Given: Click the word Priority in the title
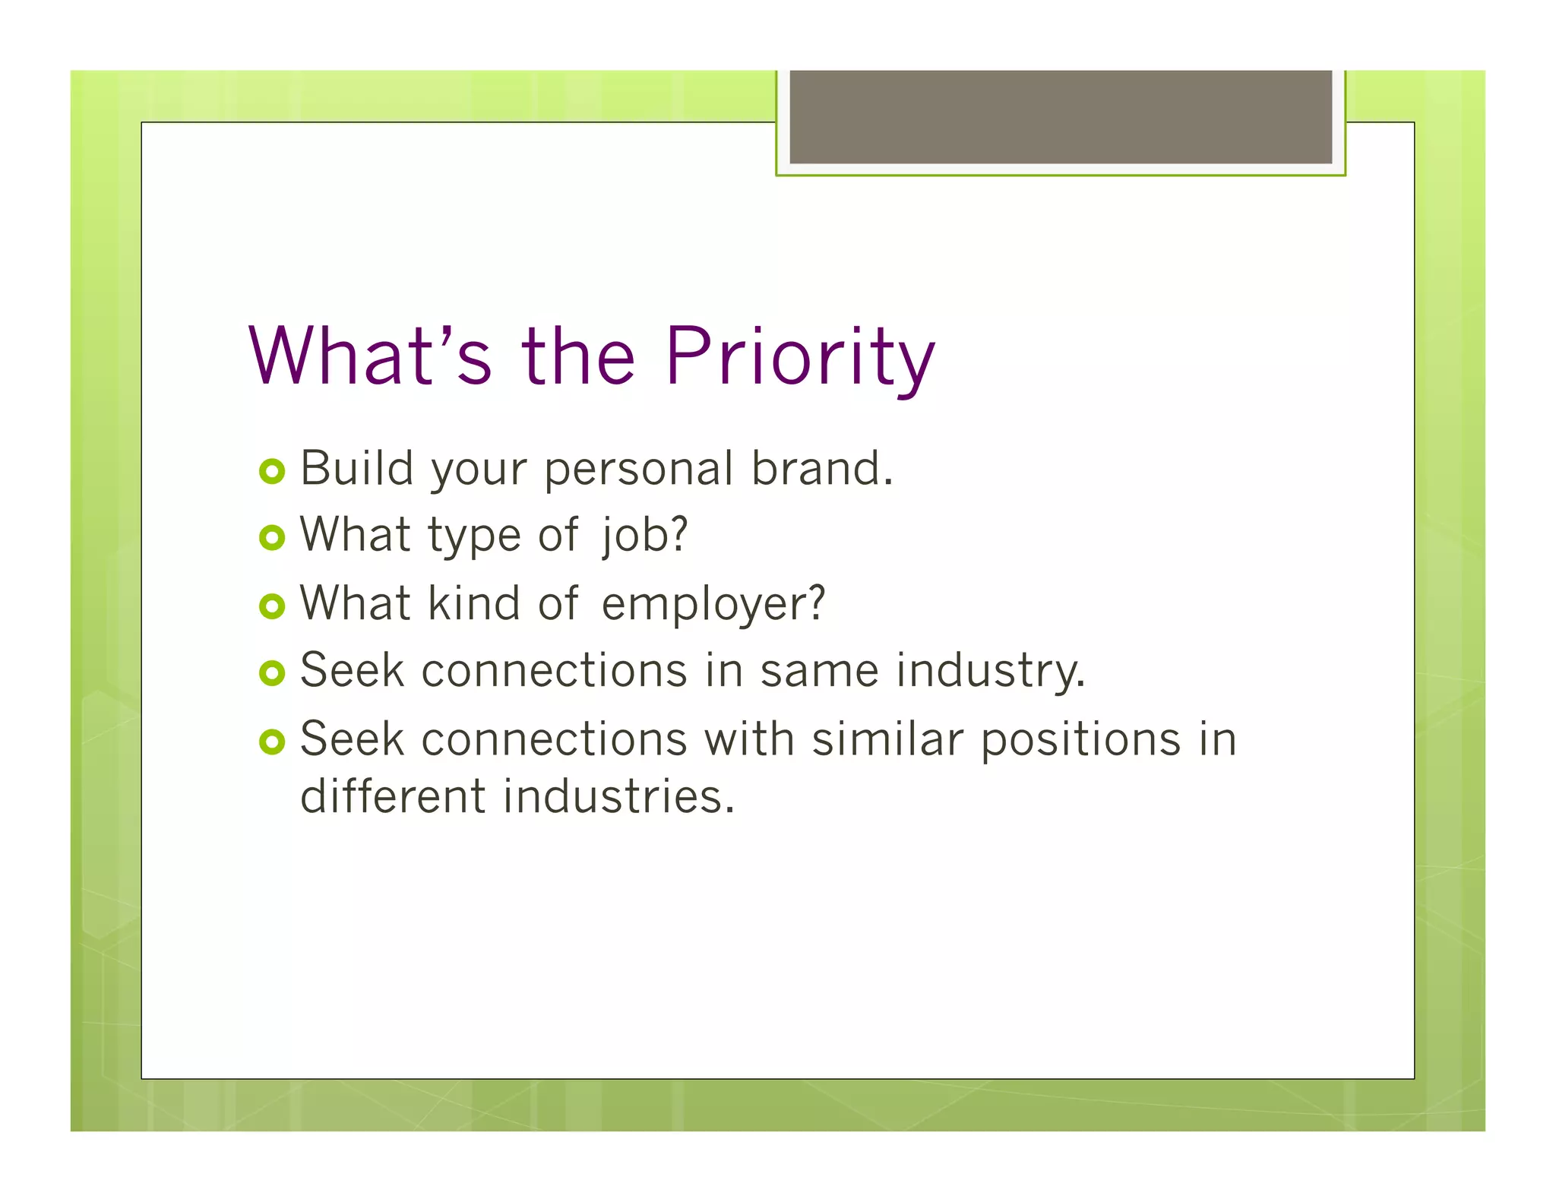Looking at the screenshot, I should click(x=799, y=357).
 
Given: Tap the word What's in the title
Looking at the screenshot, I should click(x=371, y=357).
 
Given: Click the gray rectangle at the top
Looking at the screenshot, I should click(x=1061, y=116).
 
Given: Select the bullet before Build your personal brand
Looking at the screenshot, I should click(x=271, y=471).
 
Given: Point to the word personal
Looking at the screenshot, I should click(x=638, y=470).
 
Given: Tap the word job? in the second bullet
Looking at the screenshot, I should click(x=644, y=536).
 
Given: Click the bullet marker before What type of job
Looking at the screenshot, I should click(x=271, y=538).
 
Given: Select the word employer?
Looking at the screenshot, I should click(x=713, y=605).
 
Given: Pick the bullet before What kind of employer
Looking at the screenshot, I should click(x=271, y=606).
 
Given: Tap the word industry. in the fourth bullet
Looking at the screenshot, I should click(x=991, y=672).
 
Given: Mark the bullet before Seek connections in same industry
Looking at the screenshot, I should click(x=271, y=672).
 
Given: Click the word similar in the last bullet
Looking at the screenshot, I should click(x=887, y=739).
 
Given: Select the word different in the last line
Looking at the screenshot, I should click(x=393, y=797).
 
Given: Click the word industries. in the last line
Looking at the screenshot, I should click(x=618, y=797).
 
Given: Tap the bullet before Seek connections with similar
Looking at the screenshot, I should click(x=271, y=742).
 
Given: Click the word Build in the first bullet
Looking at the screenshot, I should click(x=357, y=468).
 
